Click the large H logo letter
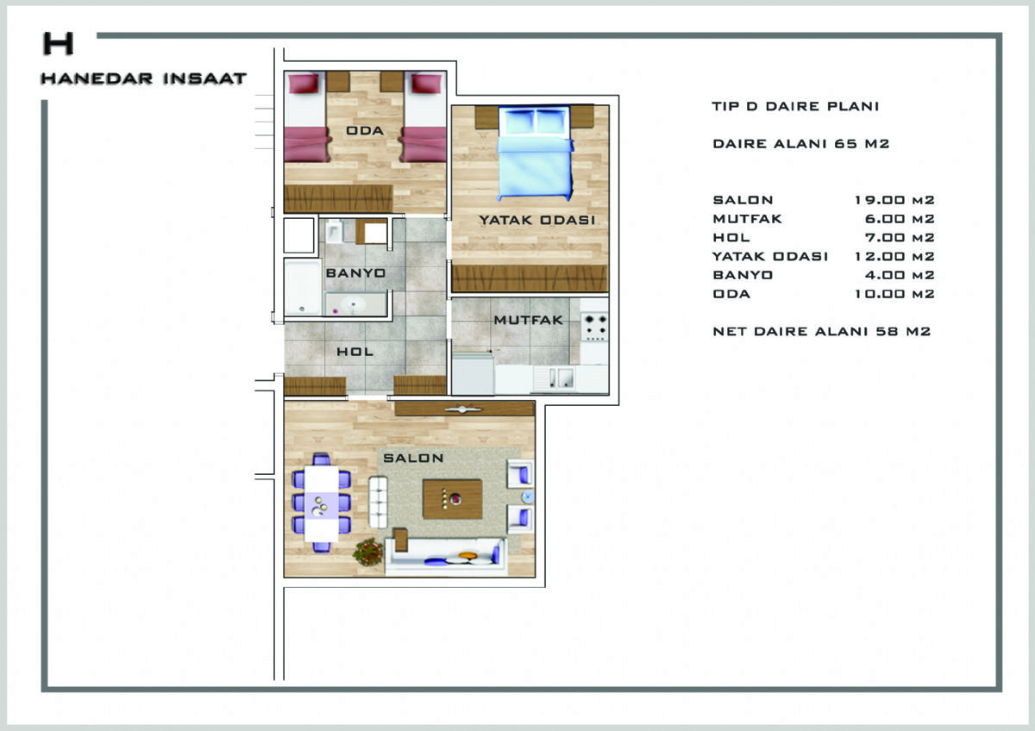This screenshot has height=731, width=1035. click(59, 43)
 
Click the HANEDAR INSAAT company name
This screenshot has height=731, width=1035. click(144, 78)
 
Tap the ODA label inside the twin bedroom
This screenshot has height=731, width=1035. click(365, 131)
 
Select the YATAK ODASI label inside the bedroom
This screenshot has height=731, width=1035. click(536, 220)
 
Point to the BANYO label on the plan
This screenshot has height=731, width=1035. click(355, 273)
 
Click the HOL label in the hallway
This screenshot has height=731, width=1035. click(354, 352)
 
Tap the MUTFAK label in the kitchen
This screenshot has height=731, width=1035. click(529, 320)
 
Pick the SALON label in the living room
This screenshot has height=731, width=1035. click(413, 458)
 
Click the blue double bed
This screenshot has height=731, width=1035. click(535, 153)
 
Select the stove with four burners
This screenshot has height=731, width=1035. click(594, 327)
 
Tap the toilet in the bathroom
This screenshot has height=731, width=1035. click(334, 231)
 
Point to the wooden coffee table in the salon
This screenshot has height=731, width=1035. click(452, 499)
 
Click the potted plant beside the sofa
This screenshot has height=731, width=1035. click(368, 552)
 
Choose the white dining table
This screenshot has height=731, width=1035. click(322, 503)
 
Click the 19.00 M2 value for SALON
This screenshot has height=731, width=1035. click(894, 200)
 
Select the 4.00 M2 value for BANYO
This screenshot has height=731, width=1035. click(899, 275)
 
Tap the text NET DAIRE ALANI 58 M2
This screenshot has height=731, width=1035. click(821, 332)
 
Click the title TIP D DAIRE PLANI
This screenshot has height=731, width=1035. click(795, 106)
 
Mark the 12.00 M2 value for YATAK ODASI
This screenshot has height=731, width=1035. click(894, 256)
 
